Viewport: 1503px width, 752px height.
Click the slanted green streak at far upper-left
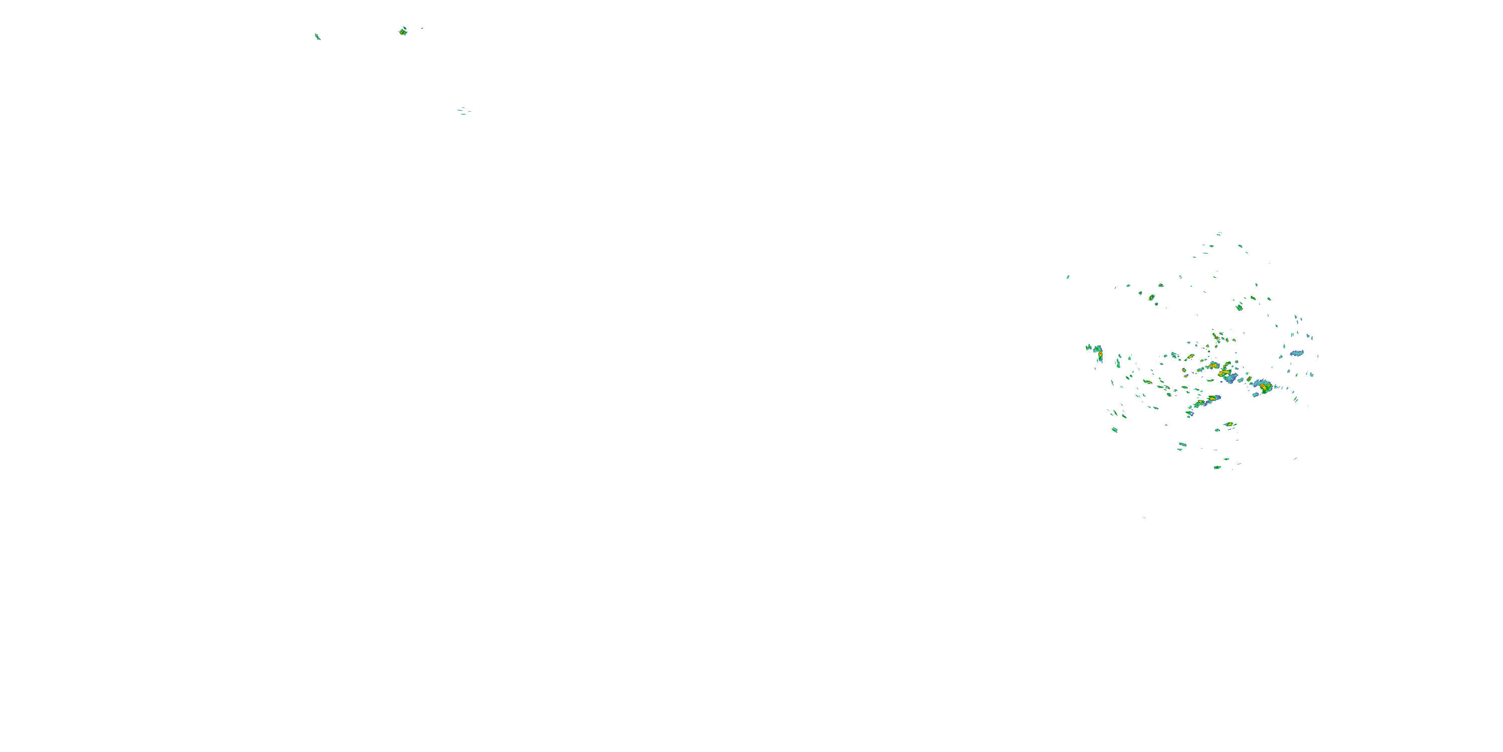click(318, 37)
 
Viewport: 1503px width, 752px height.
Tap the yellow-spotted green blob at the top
click(403, 32)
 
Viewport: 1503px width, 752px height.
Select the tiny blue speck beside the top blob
click(421, 28)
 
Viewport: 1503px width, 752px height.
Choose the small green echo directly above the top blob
click(404, 27)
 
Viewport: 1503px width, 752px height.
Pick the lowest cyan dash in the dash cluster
click(463, 114)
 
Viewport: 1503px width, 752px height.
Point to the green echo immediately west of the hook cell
click(1089, 348)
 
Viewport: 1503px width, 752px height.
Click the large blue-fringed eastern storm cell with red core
click(1263, 386)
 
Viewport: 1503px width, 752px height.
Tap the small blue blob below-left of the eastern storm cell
click(1255, 395)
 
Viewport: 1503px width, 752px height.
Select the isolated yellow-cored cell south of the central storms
click(1229, 424)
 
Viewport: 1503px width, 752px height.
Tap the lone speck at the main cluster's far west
click(1068, 277)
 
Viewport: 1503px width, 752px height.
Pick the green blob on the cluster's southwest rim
click(1114, 430)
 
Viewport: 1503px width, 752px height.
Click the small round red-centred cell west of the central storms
click(1184, 370)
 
